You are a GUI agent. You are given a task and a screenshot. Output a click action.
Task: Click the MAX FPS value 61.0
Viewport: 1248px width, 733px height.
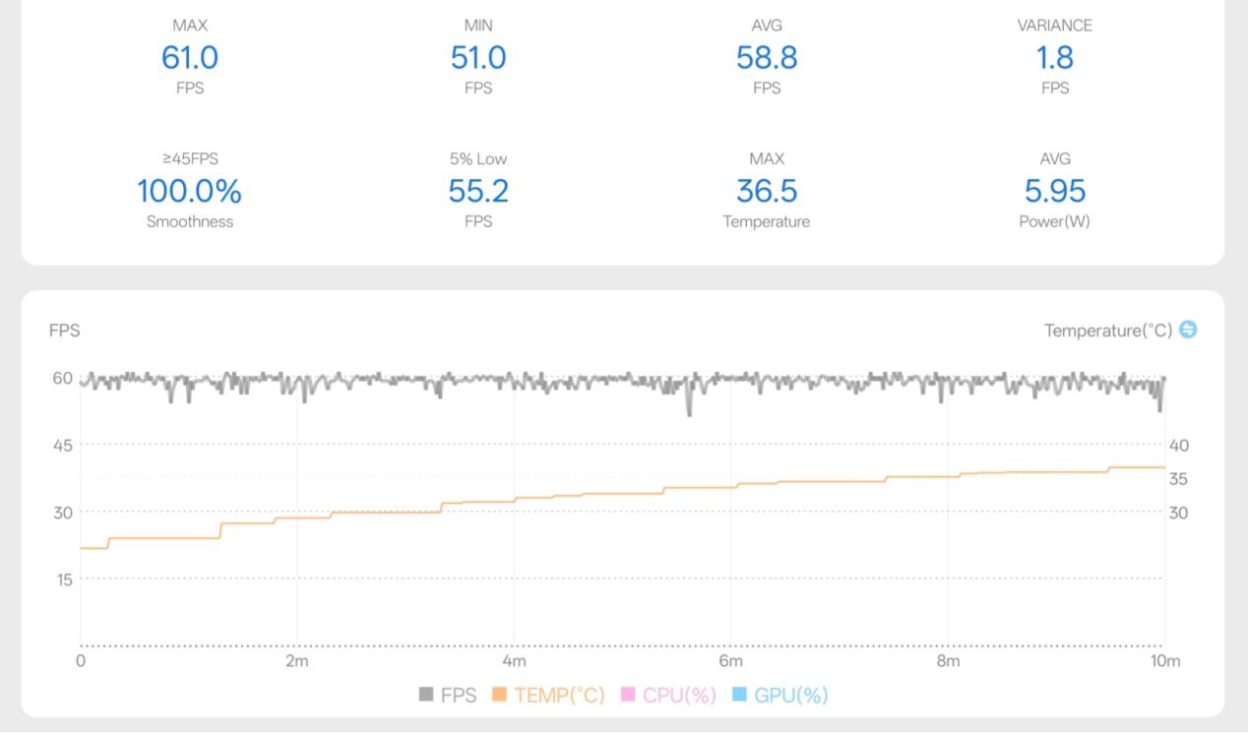(x=190, y=58)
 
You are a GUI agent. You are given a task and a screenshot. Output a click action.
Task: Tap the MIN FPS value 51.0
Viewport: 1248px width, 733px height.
(x=478, y=58)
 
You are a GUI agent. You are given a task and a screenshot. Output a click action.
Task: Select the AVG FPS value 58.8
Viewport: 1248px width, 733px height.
(x=767, y=58)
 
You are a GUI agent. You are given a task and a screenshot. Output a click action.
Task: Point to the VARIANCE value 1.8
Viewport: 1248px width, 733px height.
(x=1055, y=58)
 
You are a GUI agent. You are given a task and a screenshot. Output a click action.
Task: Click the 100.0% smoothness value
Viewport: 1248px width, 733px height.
(x=189, y=191)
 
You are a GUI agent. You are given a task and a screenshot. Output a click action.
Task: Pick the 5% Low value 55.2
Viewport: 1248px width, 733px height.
(x=478, y=191)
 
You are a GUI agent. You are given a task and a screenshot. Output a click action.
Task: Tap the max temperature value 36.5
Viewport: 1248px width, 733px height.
(x=767, y=191)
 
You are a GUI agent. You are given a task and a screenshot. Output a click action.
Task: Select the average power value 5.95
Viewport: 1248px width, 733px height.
(x=1055, y=191)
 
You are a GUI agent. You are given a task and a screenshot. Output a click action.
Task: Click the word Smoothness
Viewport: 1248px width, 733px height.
(x=190, y=221)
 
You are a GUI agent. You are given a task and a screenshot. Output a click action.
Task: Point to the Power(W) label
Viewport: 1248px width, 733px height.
(x=1055, y=221)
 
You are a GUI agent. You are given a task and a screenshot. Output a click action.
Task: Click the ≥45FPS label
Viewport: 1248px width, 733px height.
(x=190, y=158)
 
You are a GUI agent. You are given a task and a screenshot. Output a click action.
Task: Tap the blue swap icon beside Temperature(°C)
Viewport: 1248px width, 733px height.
(x=1188, y=330)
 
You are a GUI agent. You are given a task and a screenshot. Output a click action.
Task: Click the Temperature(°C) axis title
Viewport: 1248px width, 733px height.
(x=1108, y=331)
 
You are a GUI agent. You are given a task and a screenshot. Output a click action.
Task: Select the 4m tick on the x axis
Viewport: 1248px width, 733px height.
(x=514, y=661)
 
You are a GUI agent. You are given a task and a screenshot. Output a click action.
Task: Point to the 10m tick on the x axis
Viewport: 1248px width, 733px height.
(x=1165, y=661)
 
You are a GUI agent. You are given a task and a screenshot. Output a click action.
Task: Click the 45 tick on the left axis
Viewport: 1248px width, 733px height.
(x=63, y=445)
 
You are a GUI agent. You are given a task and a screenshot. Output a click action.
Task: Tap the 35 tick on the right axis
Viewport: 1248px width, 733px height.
(x=1179, y=479)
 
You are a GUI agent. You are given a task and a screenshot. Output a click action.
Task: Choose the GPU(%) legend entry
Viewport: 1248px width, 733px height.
(x=780, y=696)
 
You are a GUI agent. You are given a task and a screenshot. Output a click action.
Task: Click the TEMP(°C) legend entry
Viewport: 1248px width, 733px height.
(x=548, y=696)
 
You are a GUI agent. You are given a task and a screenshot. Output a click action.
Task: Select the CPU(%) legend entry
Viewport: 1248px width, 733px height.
(x=669, y=696)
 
